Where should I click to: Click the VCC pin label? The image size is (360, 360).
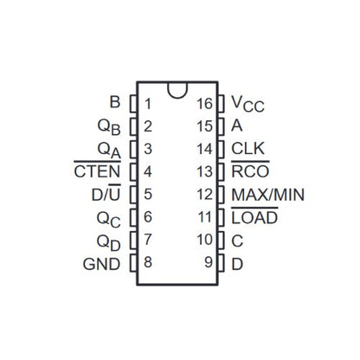247,104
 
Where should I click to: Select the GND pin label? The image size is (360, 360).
101,264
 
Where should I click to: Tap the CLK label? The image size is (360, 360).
247,148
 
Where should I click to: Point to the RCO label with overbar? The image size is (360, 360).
250,170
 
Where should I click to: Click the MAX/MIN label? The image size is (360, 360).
268,195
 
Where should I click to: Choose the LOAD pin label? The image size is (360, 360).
254,216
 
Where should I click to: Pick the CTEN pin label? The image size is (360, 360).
97,170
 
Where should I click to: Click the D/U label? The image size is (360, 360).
106,193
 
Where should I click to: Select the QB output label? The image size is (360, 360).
109,127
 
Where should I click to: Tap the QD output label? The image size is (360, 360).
108,243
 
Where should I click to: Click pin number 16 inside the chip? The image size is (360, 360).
204,104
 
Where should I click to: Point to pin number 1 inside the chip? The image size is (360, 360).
148,104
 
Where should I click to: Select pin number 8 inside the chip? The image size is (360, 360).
148,262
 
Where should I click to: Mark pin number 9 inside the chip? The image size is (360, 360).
209,262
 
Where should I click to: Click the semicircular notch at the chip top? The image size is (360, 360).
177,91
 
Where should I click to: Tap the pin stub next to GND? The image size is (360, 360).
133,263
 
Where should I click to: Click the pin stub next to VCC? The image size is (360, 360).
221,104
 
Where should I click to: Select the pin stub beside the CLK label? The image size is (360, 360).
221,149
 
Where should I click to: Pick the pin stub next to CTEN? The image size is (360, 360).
133,172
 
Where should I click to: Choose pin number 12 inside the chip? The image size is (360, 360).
204,194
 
